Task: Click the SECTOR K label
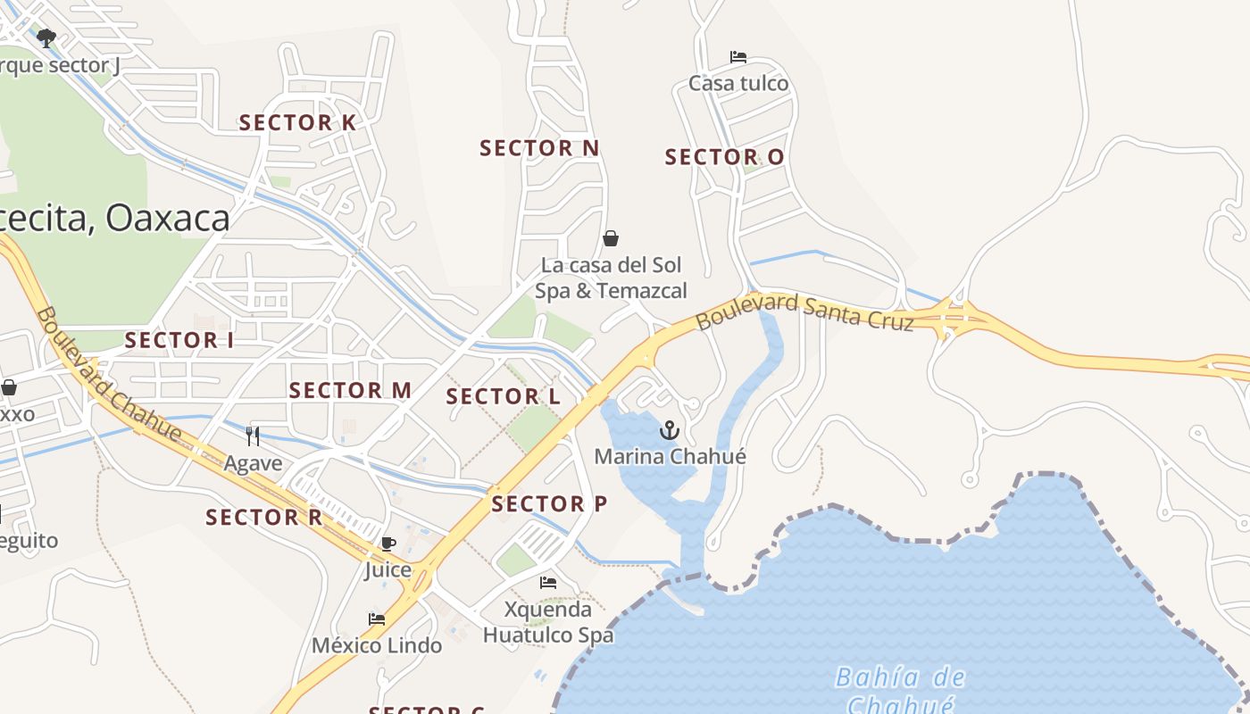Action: click(297, 123)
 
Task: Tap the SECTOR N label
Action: click(539, 148)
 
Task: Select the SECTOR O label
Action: click(724, 158)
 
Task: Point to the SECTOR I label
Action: click(179, 340)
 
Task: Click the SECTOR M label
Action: click(350, 390)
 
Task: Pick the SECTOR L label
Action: click(503, 397)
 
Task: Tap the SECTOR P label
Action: click(549, 504)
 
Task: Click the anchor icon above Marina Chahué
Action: click(669, 432)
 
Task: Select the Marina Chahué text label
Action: click(670, 457)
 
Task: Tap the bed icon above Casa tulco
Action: click(738, 57)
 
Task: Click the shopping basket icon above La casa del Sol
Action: click(611, 238)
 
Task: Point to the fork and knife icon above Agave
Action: click(253, 436)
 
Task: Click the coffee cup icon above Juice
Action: click(387, 544)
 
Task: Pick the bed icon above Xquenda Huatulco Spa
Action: click(548, 583)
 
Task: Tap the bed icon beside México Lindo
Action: click(377, 619)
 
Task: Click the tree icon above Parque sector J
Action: click(46, 37)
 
